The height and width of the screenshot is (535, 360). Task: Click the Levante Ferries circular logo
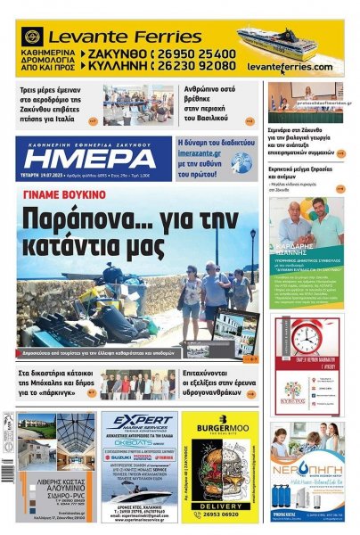[32, 37]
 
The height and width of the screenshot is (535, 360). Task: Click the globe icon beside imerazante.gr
[241, 161]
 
